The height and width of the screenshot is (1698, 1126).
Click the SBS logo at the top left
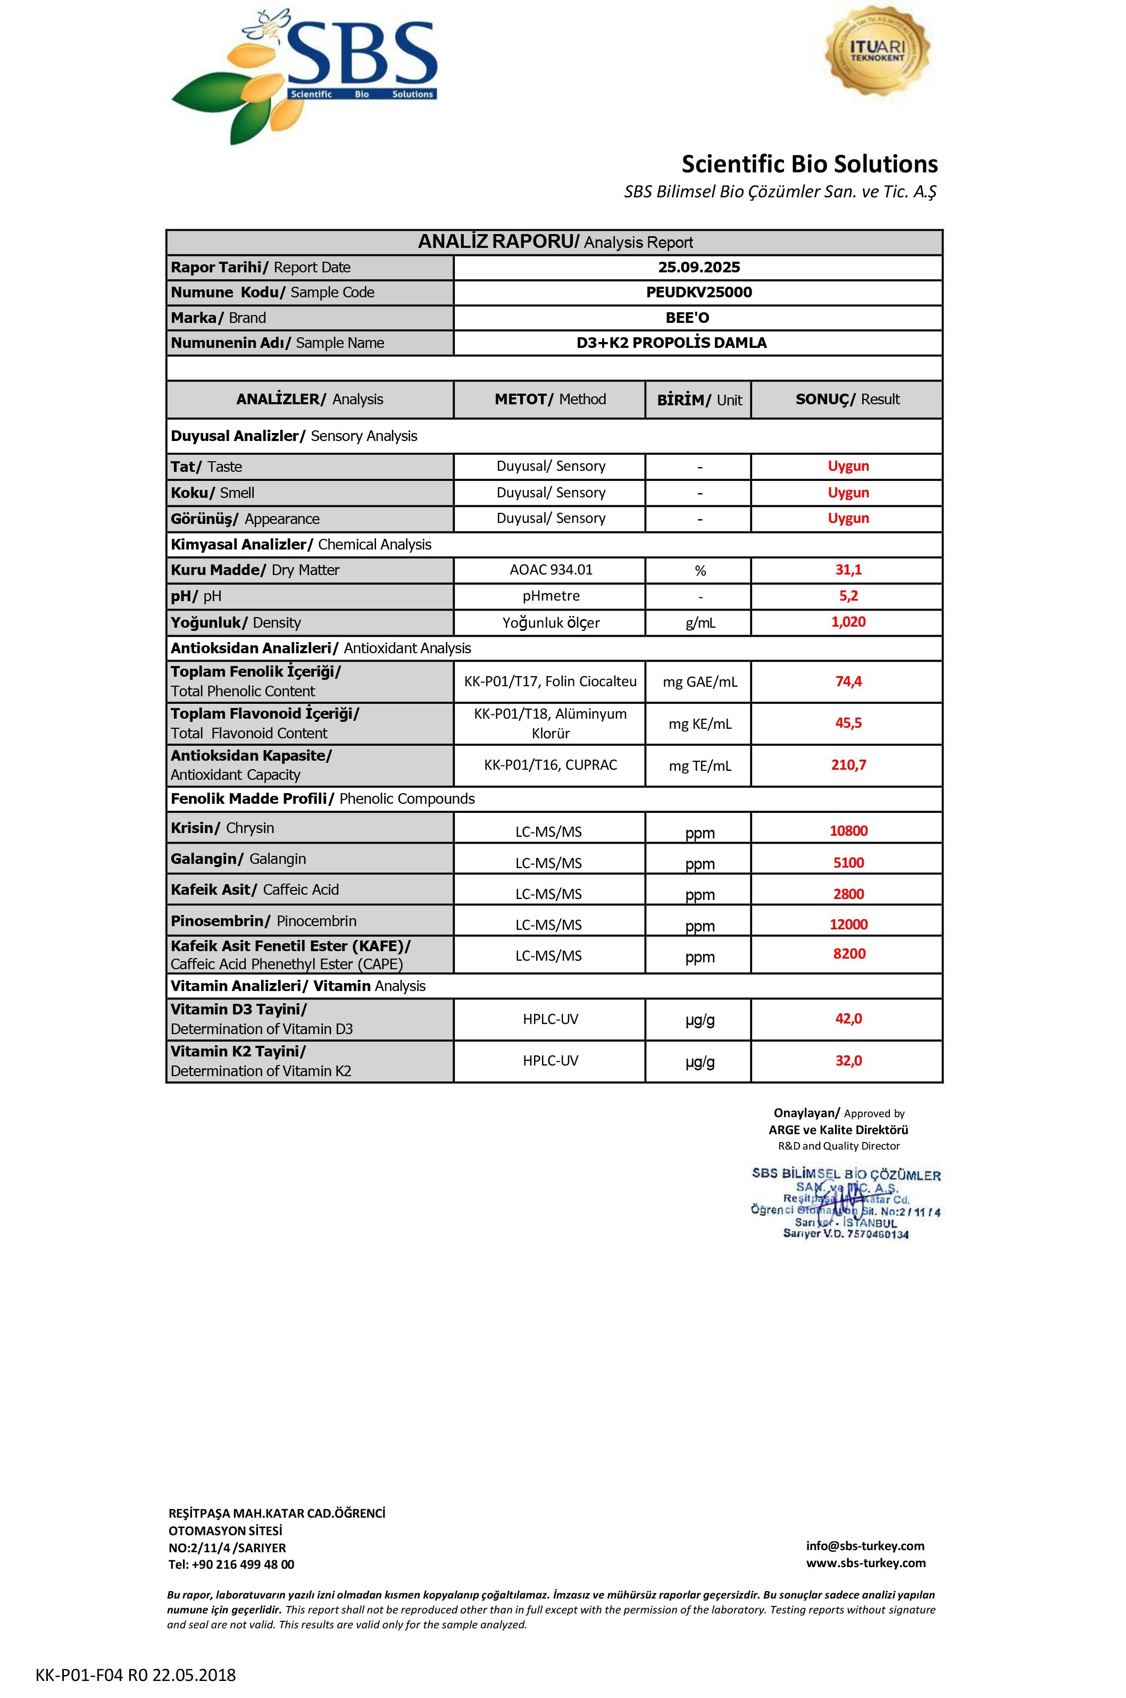point(304,76)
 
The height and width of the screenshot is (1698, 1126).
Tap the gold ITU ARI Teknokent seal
point(877,51)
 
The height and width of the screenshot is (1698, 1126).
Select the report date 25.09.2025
point(699,267)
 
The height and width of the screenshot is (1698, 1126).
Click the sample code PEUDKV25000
point(699,293)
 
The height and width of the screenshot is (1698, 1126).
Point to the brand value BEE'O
point(687,318)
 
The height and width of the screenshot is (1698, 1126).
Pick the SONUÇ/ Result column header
point(847,399)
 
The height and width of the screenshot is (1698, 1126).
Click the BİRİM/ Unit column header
point(699,400)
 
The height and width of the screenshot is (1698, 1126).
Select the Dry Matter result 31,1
point(848,570)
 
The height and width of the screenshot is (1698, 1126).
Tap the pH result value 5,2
point(848,595)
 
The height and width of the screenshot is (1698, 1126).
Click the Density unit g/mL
point(699,623)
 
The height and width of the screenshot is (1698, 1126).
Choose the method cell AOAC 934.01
point(551,570)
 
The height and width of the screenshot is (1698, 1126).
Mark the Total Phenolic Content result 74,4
point(848,681)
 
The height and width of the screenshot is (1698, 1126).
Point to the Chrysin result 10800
point(848,830)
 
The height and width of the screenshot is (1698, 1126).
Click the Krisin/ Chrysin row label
point(223,828)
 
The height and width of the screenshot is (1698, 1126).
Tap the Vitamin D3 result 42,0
point(848,1019)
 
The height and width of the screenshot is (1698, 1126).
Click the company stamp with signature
point(846,1204)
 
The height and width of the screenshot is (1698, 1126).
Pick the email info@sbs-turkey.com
point(865,1546)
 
